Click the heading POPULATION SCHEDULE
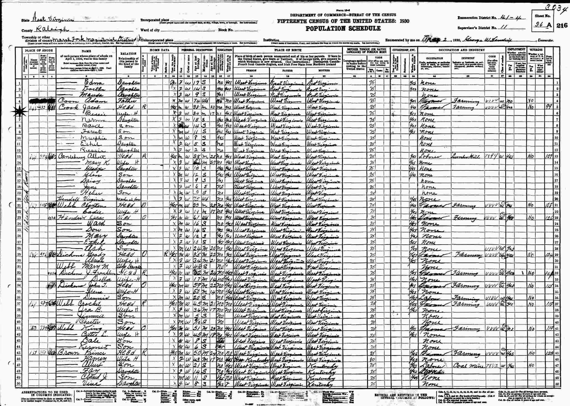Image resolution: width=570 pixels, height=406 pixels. coord(343,28)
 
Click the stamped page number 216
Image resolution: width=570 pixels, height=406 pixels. coord(562,25)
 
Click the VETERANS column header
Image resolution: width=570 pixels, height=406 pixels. coord(536,50)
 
